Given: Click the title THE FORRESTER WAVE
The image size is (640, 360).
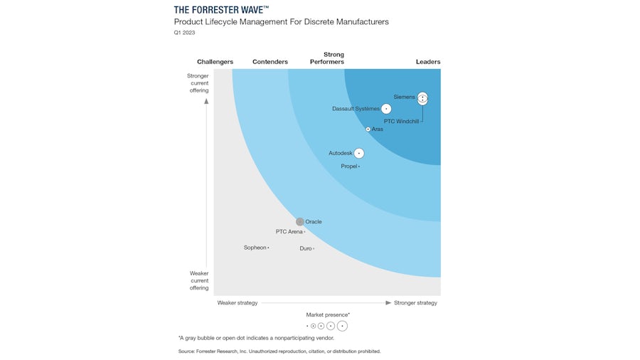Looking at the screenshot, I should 221,9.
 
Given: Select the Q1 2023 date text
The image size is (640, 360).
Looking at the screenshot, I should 184,33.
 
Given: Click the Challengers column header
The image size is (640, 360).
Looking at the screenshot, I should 215,62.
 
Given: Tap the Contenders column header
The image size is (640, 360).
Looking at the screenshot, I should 270,62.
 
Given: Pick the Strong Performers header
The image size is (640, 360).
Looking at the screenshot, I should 327,58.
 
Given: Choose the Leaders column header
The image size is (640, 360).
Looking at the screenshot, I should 428,62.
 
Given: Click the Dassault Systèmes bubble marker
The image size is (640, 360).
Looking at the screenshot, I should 386,109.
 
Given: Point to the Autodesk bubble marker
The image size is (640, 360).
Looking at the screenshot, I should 359,153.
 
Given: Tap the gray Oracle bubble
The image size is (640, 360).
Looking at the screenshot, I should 300,222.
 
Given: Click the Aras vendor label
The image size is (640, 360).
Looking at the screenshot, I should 378,129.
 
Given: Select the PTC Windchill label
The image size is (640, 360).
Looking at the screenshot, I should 401,122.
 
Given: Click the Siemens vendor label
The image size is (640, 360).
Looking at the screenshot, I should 404,97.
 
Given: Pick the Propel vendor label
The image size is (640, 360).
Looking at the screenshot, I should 348,166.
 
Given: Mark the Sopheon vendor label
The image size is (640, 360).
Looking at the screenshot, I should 255,248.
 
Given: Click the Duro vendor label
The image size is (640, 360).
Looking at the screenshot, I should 305,248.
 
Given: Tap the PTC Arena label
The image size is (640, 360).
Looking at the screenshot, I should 289,232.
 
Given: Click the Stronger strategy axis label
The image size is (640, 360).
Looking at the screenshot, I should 415,303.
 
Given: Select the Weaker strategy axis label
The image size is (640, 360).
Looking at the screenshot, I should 238,303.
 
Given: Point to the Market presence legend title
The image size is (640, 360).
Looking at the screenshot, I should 328,314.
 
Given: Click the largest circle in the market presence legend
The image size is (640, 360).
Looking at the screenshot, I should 343,326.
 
